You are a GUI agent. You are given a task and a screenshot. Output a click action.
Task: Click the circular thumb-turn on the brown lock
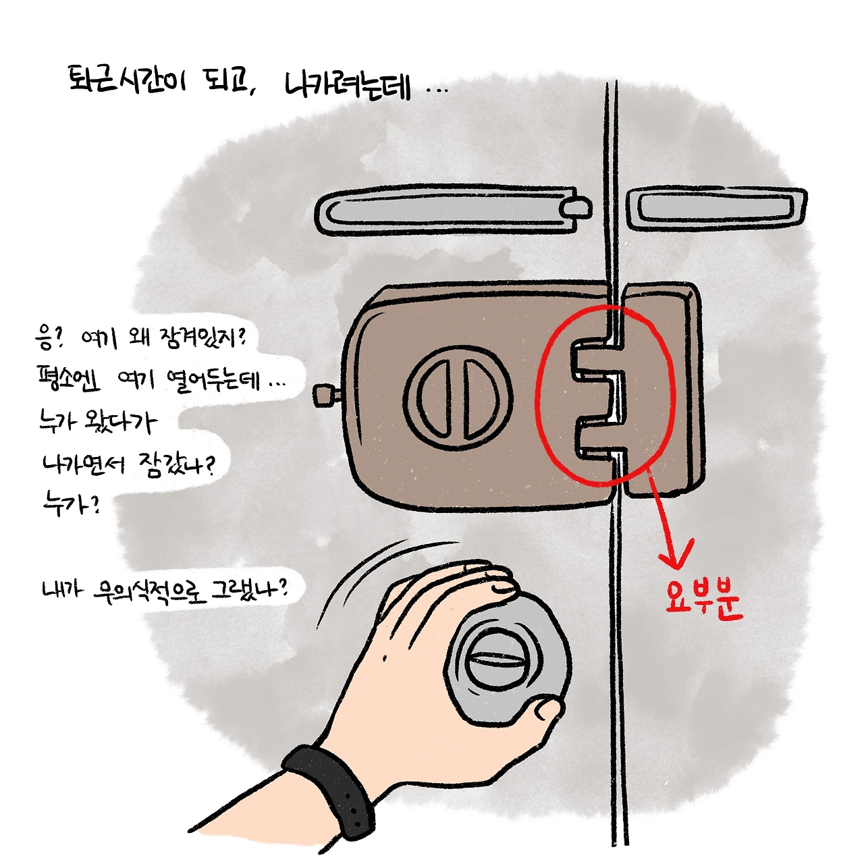(458, 398)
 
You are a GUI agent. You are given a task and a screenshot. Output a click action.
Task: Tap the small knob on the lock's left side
(325, 396)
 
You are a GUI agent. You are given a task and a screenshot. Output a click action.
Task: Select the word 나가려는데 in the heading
(348, 85)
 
